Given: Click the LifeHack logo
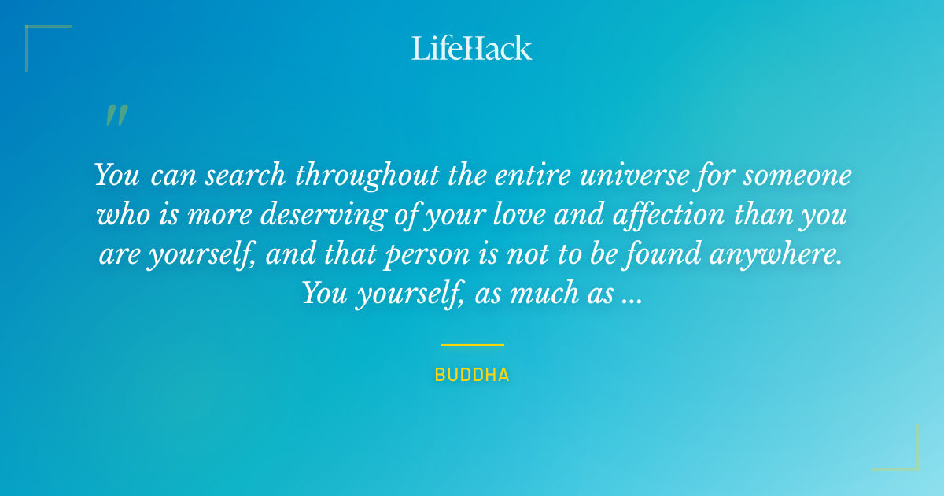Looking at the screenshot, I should [472, 48].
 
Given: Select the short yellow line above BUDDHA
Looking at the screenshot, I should [472, 345].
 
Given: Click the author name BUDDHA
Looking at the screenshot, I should [472, 376].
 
